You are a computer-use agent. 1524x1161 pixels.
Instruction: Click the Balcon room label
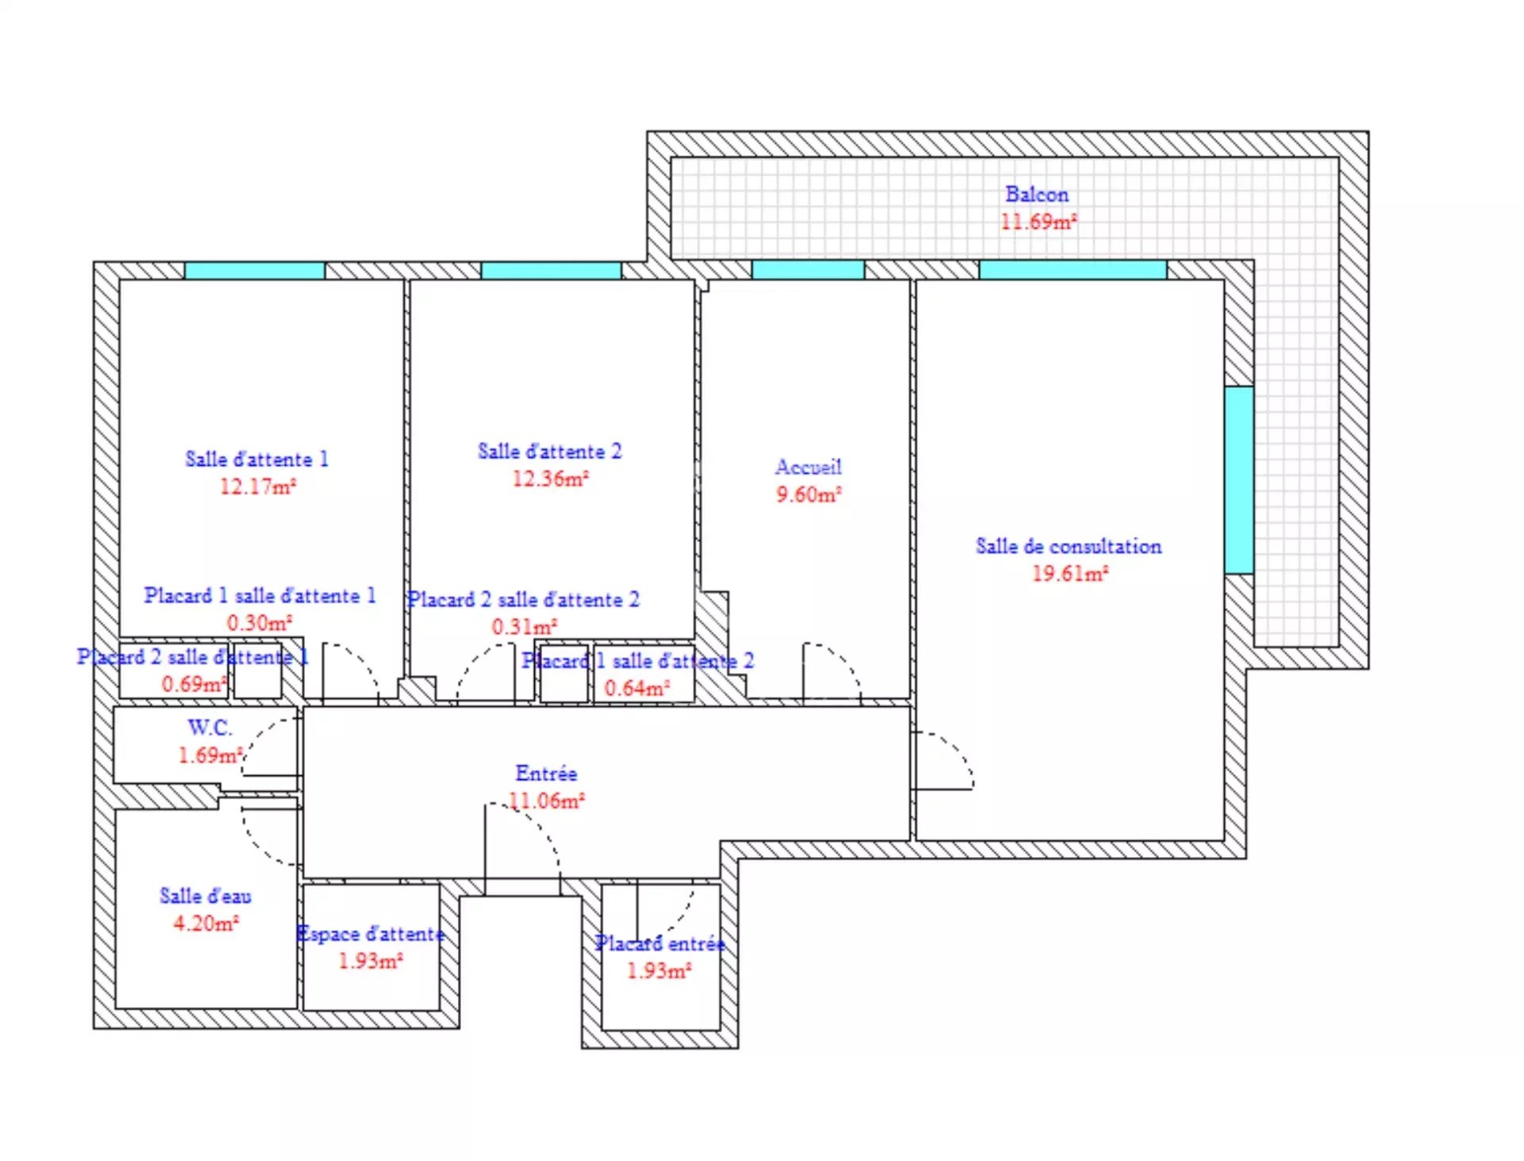(1037, 194)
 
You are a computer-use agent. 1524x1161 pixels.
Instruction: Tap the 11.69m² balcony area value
(1038, 221)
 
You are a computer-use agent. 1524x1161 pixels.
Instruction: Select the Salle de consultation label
(1068, 546)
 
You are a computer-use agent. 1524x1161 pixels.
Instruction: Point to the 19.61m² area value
(1070, 573)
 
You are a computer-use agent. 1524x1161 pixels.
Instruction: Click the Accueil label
(808, 467)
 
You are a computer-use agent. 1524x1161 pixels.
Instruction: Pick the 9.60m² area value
(809, 494)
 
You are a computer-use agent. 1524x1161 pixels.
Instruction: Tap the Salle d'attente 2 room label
(549, 452)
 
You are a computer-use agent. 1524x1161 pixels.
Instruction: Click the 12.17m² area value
(258, 486)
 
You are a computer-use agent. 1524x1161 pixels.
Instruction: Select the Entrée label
(546, 773)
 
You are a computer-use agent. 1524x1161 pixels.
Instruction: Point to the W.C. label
(210, 728)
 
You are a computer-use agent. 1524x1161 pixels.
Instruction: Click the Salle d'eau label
(206, 896)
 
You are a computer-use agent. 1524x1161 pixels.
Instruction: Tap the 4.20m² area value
(206, 923)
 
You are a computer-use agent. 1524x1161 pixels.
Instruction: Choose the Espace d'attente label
(370, 934)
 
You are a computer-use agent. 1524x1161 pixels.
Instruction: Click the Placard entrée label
(660, 944)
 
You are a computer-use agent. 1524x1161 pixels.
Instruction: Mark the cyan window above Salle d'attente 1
(255, 271)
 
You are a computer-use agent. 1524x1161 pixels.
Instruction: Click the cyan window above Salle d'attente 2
(551, 271)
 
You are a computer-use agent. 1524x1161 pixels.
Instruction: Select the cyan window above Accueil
(808, 270)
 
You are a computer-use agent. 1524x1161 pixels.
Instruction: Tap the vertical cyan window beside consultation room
(1239, 480)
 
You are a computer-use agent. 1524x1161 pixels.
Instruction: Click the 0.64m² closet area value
(637, 688)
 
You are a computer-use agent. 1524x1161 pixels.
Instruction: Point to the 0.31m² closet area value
(525, 627)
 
